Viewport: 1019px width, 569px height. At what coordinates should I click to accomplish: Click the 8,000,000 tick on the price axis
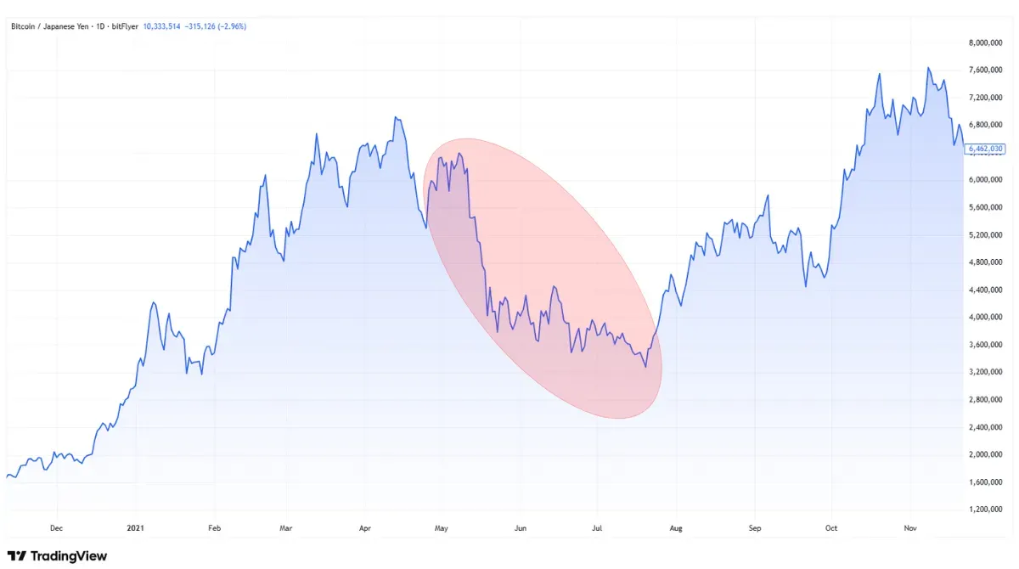985,42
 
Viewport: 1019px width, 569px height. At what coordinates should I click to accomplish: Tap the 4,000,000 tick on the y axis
985,318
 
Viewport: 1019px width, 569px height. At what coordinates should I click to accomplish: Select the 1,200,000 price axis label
985,510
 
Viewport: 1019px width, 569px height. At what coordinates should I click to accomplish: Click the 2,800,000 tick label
985,400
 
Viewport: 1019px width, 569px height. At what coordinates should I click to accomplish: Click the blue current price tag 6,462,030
985,149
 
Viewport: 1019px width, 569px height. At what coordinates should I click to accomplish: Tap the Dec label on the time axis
56,527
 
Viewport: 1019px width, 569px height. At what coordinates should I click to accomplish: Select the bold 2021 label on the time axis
135,527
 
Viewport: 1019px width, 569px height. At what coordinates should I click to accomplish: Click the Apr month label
365,527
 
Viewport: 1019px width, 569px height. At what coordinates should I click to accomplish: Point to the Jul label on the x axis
598,527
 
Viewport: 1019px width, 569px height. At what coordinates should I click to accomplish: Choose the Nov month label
910,527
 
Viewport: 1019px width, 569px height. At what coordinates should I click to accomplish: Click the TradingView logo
58,555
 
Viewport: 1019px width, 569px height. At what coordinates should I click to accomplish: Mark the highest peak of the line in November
928,67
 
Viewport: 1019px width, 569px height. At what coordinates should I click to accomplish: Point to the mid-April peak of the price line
396,118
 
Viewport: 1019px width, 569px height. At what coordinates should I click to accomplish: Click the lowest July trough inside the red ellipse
646,367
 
